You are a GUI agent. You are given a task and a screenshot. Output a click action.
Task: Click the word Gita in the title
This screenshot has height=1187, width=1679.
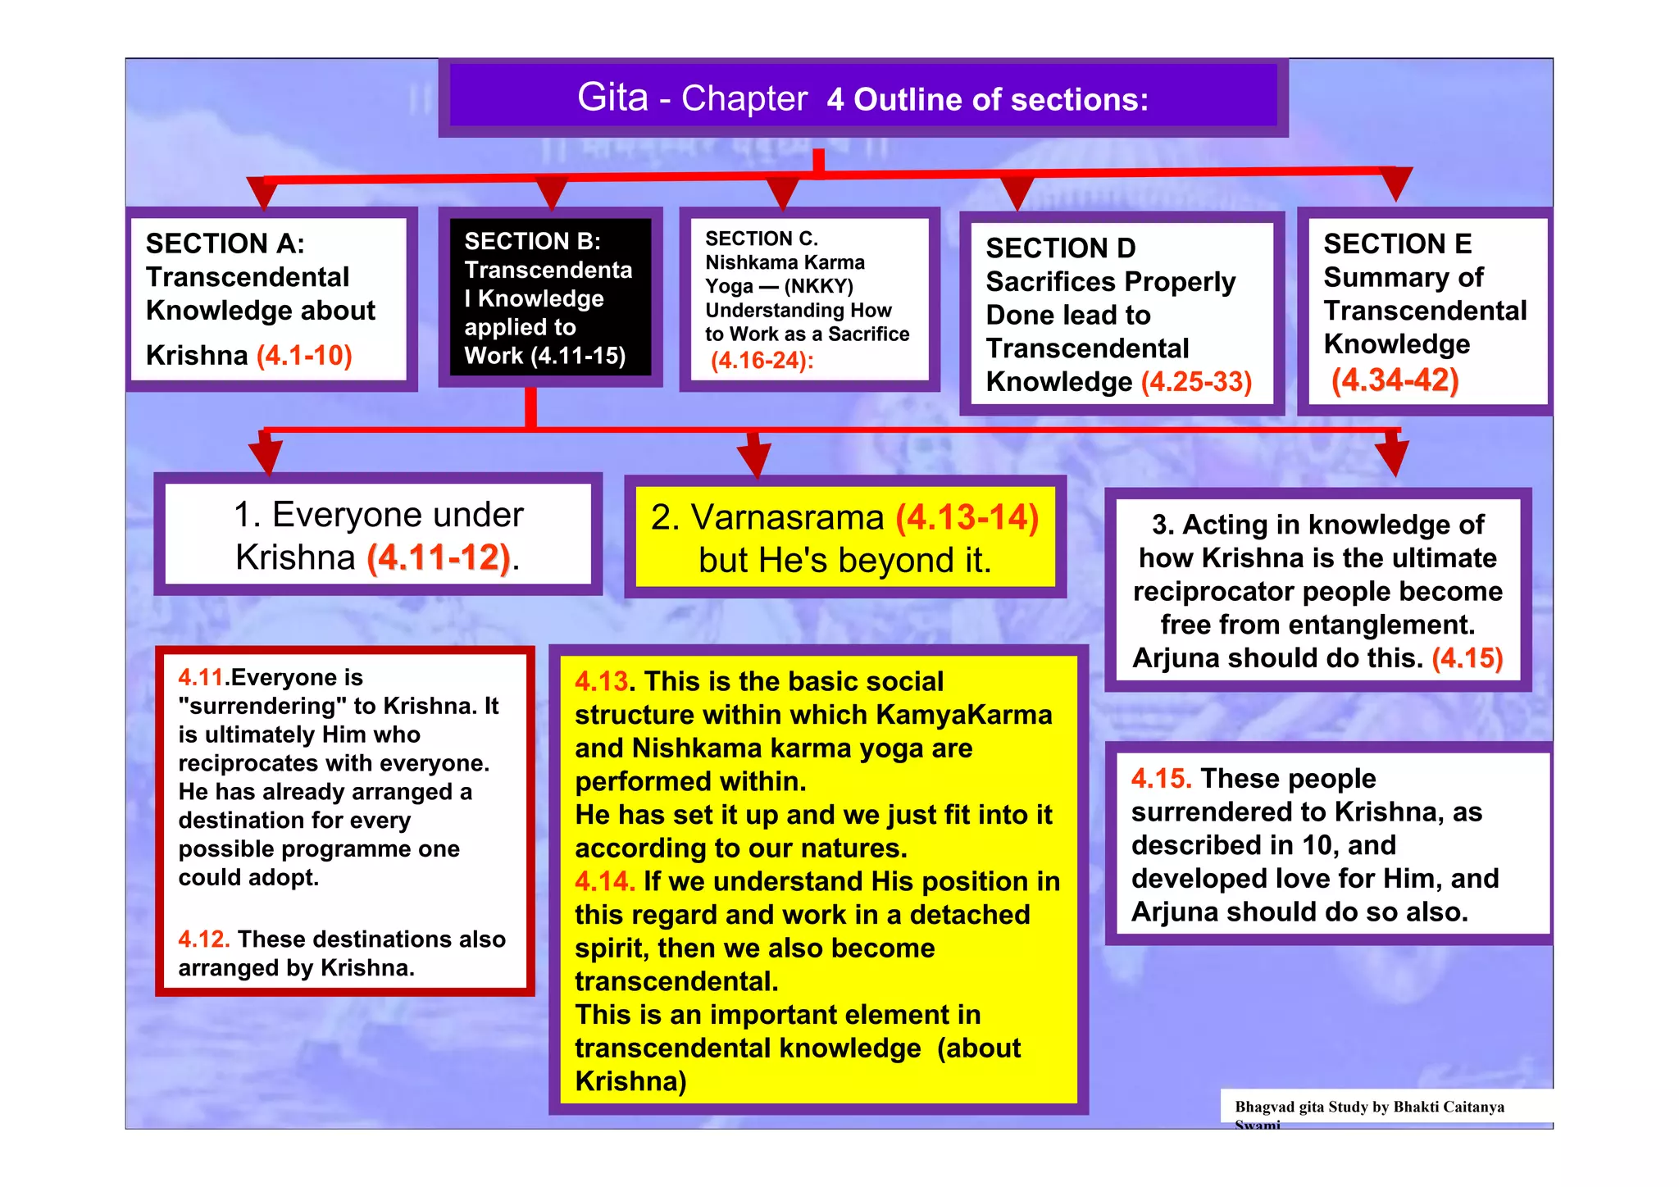click(612, 98)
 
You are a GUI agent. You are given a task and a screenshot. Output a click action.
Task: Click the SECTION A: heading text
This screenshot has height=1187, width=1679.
click(225, 243)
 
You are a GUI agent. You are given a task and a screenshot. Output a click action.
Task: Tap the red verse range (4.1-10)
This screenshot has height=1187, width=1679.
click(304, 356)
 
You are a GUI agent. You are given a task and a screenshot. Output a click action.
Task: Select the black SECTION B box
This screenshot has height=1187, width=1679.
click(549, 297)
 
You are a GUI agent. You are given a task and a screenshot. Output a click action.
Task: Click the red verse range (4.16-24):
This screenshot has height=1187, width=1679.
click(762, 361)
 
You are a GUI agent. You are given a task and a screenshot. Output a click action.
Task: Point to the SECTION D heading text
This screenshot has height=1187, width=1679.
click(1060, 248)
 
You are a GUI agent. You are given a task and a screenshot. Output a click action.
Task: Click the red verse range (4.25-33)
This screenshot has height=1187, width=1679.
click(1196, 382)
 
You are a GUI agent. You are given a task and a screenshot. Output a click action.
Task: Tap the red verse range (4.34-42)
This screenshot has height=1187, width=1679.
click(1395, 380)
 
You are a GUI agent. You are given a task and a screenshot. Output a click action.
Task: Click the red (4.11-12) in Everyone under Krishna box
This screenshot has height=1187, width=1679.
click(439, 557)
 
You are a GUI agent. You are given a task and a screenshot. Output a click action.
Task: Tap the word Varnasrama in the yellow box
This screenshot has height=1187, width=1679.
click(787, 518)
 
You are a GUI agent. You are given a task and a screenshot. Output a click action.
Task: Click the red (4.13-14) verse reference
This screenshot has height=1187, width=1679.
click(967, 518)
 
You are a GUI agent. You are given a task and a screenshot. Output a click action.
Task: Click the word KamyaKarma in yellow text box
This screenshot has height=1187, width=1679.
click(963, 715)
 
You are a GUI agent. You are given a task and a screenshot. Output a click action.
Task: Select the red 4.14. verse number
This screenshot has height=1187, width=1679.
click(604, 881)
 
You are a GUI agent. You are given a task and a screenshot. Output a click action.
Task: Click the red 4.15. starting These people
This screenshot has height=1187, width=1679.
click(1161, 779)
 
